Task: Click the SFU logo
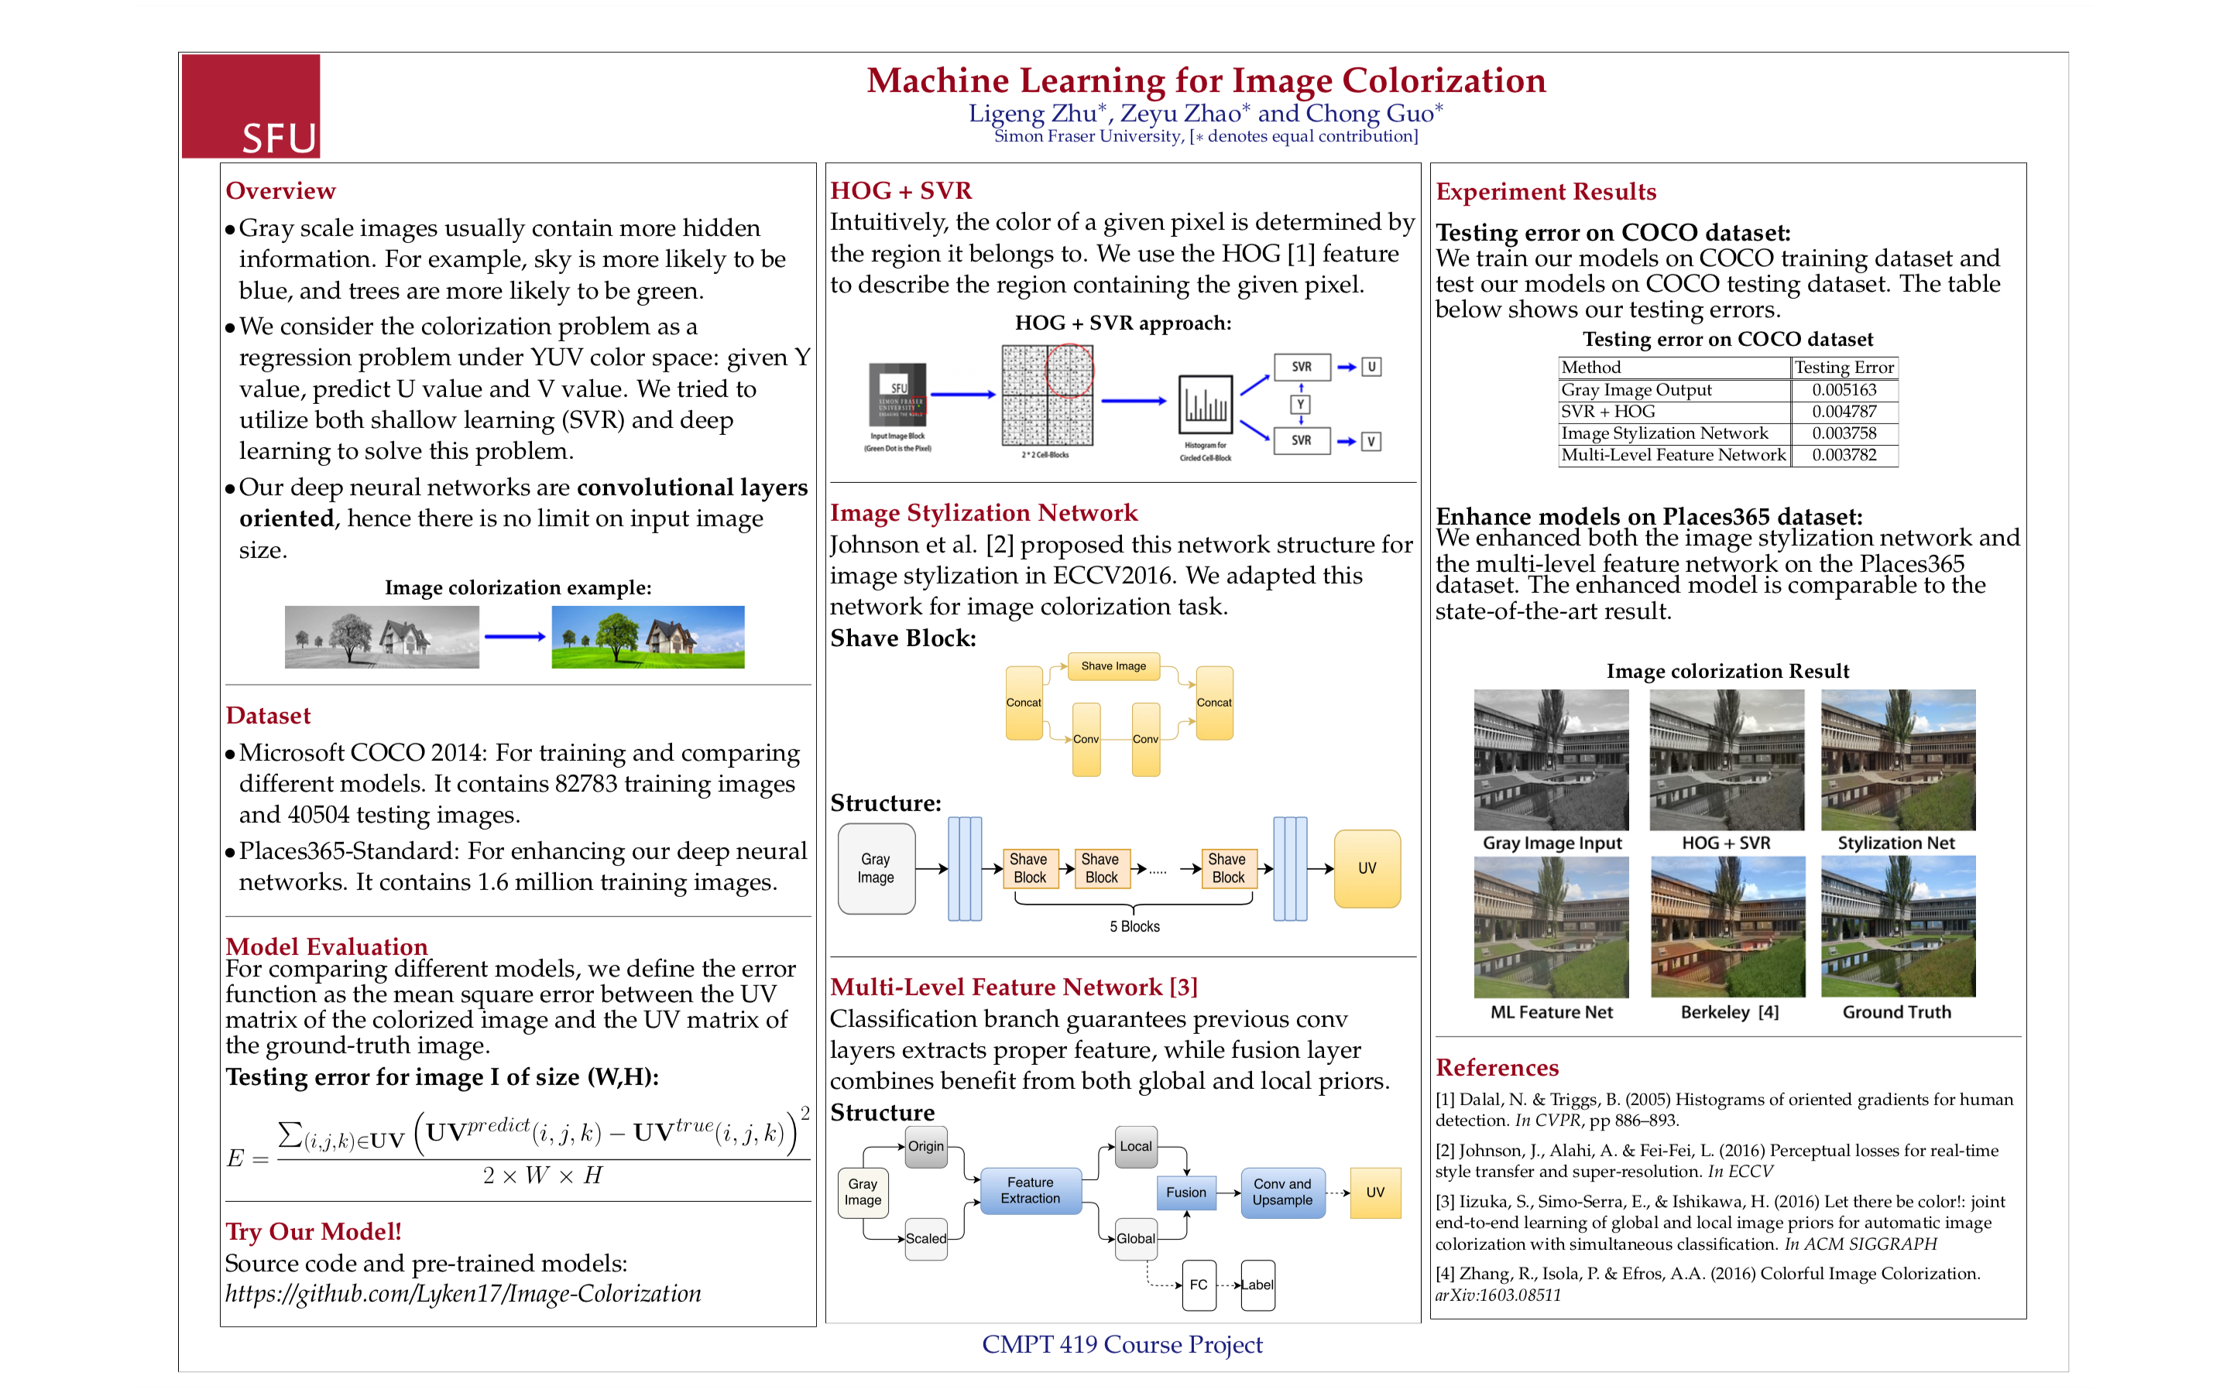[x=251, y=106]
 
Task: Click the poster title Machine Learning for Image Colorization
[x=1206, y=81]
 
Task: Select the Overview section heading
[x=280, y=190]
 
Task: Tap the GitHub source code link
[x=462, y=1293]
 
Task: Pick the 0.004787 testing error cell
[x=1843, y=412]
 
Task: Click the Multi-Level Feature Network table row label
[x=1672, y=455]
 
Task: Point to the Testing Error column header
[x=1843, y=368]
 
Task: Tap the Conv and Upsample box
[x=1281, y=1192]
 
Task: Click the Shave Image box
[x=1113, y=666]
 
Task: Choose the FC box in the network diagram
[x=1198, y=1285]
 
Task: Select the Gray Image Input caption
[x=1552, y=843]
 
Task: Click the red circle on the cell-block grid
[x=1069, y=371]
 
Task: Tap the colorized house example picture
[x=648, y=637]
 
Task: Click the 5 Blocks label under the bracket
[x=1134, y=927]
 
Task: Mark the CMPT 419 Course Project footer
[x=1121, y=1344]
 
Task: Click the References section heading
[x=1497, y=1067]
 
